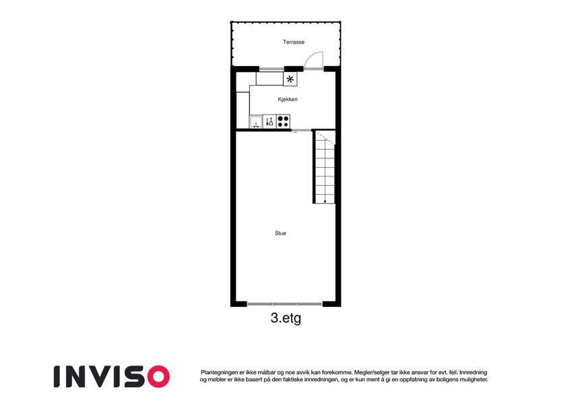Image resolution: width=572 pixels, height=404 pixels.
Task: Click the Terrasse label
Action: pyautogui.click(x=293, y=42)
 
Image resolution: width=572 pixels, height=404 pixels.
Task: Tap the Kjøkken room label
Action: pyautogui.click(x=288, y=99)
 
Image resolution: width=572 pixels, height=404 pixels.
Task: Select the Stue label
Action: pyautogui.click(x=280, y=233)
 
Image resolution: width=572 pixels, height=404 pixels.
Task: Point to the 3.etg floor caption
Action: pyautogui.click(x=286, y=318)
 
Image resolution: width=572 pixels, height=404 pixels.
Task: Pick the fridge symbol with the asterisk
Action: pyautogui.click(x=290, y=79)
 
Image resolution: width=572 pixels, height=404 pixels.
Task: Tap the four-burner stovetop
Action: pyautogui.click(x=283, y=121)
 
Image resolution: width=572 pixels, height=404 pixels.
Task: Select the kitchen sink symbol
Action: pyautogui.click(x=256, y=122)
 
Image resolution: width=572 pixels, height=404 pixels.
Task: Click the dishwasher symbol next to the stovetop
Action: pyautogui.click(x=269, y=121)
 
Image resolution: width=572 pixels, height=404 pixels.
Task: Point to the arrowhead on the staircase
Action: pyautogui.click(x=325, y=201)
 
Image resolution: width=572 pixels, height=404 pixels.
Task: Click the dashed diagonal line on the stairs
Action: pyautogui.click(x=325, y=137)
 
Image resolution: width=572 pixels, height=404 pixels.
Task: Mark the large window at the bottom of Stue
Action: pyautogui.click(x=284, y=304)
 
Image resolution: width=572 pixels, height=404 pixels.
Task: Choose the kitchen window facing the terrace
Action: pyautogui.click(x=272, y=69)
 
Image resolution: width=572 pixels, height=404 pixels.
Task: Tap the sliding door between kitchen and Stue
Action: pyautogui.click(x=301, y=130)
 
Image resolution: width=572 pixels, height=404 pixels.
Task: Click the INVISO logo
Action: pyautogui.click(x=112, y=376)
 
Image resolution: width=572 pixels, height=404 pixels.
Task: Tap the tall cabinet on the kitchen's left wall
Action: pyautogui.click(x=243, y=110)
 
